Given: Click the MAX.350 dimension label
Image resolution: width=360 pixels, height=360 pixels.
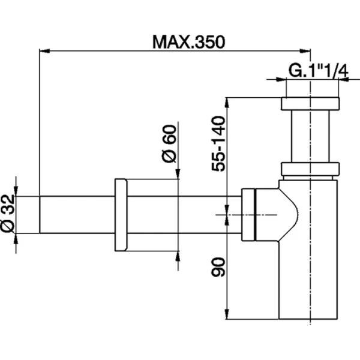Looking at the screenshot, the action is pos(189,42).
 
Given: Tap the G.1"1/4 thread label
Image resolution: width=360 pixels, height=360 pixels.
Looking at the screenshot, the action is pos(318,71).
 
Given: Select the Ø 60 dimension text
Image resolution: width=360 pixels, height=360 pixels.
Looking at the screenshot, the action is pos(169,143).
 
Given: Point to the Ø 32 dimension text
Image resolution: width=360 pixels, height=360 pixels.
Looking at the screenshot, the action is pos(8,213).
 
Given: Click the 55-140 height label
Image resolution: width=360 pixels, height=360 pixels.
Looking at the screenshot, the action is pos(218,144).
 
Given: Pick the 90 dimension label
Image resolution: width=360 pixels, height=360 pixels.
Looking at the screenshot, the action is pos(218,267).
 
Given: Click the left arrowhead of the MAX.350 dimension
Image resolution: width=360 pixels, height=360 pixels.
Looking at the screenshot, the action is pos(44,51).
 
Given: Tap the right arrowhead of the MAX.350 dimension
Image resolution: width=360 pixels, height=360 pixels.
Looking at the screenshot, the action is pos(305,51).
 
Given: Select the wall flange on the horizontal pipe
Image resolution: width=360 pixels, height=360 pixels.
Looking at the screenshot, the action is pos(121,215).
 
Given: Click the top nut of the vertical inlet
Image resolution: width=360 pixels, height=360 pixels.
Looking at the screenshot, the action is pos(310,104).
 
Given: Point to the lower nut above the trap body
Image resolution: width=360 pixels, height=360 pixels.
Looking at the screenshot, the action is pos(310,169).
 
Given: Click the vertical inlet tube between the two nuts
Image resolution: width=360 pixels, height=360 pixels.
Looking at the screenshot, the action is pos(310,136).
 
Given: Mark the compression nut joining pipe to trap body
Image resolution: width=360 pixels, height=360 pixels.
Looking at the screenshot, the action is pos(248,215).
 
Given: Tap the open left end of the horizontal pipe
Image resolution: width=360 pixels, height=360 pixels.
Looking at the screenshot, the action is pos(40,215).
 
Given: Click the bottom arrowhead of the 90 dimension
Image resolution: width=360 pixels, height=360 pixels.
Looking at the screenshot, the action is pos(227,314).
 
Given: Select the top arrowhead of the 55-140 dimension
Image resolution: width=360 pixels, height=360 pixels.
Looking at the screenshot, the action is pos(227,103).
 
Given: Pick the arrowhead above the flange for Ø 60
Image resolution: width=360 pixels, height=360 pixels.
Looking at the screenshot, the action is pos(178,174).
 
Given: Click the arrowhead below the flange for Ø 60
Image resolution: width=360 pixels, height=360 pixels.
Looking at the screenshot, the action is pos(178,256).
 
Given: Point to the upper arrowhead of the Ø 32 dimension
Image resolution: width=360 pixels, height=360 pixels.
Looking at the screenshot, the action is pos(16,191).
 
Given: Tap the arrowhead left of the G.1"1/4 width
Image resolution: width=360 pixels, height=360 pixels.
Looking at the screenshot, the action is pos(281,79).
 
